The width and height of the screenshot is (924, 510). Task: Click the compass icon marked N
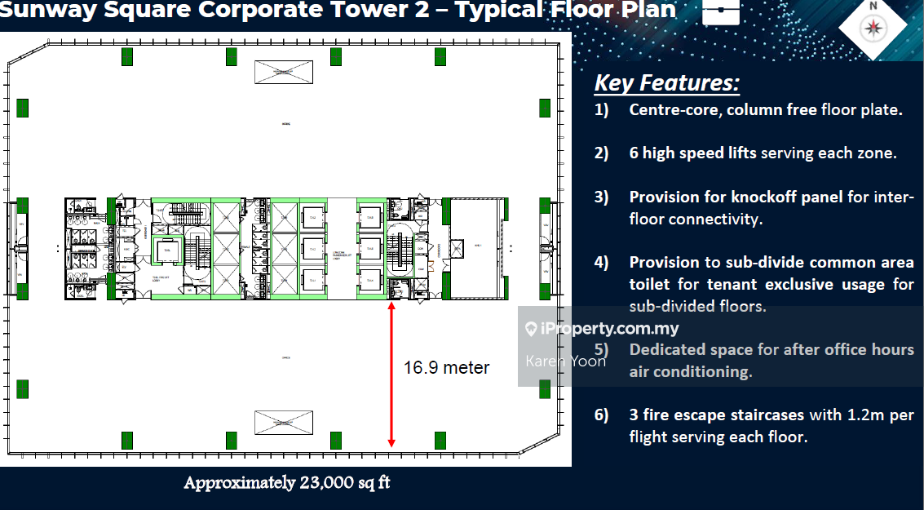[874, 26]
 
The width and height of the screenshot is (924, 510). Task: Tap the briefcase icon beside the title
[720, 11]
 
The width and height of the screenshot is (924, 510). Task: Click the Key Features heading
[666, 82]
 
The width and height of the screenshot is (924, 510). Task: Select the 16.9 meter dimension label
[446, 368]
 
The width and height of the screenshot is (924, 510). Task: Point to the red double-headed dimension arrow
[391, 375]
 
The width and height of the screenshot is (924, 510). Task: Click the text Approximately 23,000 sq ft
[286, 482]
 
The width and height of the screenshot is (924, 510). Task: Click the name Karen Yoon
[565, 361]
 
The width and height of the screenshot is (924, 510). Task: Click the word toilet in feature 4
[649, 285]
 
